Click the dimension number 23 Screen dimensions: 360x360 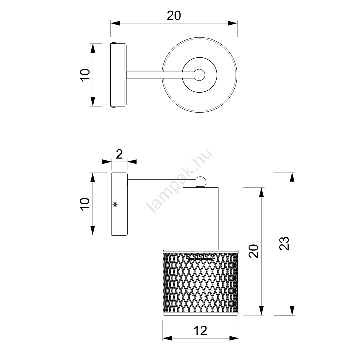pos(284,243)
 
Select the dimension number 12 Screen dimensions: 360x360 pos(200,331)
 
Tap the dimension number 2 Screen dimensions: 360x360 pos(119,154)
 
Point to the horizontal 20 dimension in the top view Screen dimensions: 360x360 pos(174,16)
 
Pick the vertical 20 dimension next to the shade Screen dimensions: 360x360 pos(254,251)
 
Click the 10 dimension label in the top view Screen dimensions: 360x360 pos(85,75)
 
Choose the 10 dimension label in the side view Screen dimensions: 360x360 pos(85,204)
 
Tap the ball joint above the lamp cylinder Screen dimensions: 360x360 pos(201,181)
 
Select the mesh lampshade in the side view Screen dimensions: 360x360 pos(201,282)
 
